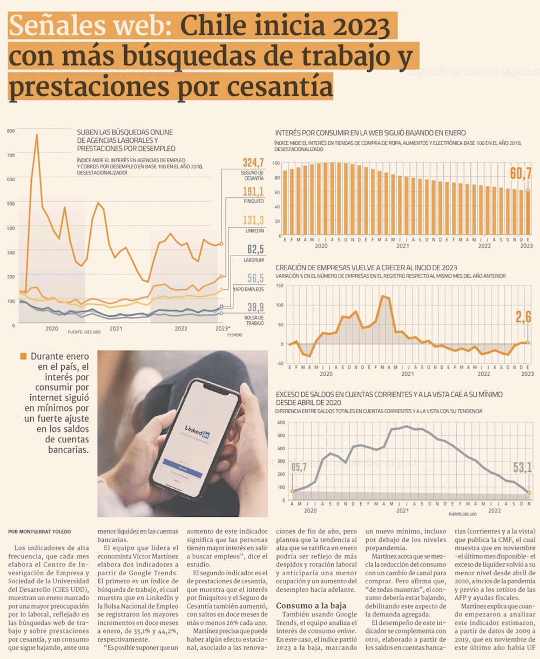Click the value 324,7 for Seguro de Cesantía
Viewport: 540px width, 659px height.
tap(253, 163)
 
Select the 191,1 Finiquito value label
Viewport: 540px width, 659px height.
tap(253, 191)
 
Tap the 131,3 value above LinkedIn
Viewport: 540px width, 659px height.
tap(253, 220)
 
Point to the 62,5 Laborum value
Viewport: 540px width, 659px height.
tap(255, 249)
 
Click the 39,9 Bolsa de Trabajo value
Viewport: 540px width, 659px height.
tap(255, 307)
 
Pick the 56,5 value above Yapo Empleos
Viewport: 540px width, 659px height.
tap(255, 278)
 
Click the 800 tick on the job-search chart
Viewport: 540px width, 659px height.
tap(11, 131)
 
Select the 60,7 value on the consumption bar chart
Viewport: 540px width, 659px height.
tap(521, 174)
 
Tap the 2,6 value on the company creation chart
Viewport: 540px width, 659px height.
tap(523, 317)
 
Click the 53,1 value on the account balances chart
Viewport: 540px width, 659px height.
tap(522, 468)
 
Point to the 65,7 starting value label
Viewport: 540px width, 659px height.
tap(299, 468)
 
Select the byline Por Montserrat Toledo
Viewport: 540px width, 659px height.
tap(39, 531)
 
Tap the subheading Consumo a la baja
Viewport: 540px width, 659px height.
tap(311, 605)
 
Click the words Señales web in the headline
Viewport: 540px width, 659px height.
tap(90, 26)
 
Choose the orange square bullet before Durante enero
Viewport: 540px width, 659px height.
tap(23, 356)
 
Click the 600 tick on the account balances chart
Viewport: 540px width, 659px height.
tap(280, 423)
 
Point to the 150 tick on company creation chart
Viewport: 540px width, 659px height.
tap(279, 285)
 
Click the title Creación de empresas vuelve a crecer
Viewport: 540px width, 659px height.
tap(366, 268)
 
